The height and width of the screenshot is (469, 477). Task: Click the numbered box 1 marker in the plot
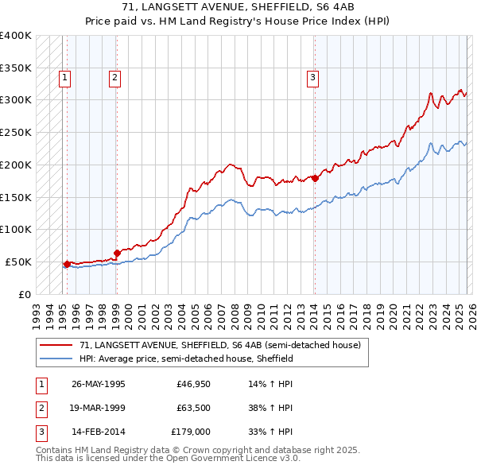pos(64,78)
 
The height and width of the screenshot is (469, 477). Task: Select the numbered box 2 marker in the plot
pos(114,78)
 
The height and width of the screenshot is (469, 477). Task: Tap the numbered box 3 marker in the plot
pos(313,78)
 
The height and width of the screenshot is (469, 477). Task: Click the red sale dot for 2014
pos(315,178)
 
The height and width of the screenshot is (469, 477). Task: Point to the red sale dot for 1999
pos(117,253)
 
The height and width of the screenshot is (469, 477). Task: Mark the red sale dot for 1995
pos(67,263)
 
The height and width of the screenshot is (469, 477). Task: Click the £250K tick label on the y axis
pos(16,132)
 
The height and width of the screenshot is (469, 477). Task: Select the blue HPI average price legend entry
pos(186,359)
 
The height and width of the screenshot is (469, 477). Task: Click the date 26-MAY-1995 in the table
pos(98,383)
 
